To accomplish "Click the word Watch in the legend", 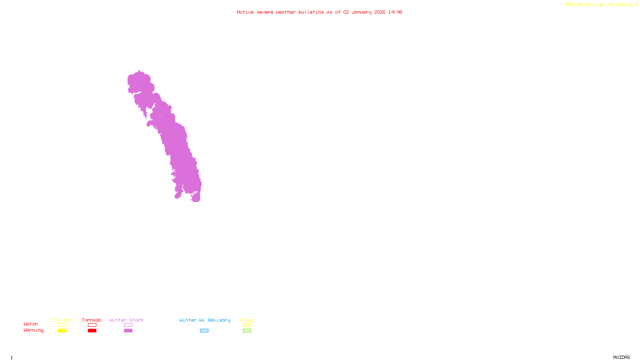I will (31, 324).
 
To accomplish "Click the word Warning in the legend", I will (33, 330).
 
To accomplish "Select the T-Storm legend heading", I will (62, 320).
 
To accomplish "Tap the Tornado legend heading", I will (92, 320).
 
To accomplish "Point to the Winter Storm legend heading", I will (126, 320).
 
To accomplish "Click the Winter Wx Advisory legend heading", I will (205, 320).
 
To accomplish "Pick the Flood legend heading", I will (247, 320).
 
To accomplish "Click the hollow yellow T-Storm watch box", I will (62, 325).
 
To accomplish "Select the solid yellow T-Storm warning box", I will (62, 331).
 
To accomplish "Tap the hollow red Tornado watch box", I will (92, 325).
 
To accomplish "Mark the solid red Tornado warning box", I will (92, 331).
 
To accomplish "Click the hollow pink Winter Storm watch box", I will (128, 325).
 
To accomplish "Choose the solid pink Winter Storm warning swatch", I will (128, 331).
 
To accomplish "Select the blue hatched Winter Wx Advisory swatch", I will (204, 331).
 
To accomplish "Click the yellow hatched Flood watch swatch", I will (247, 325).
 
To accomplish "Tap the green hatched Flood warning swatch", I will (247, 331).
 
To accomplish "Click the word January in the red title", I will (362, 12).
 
